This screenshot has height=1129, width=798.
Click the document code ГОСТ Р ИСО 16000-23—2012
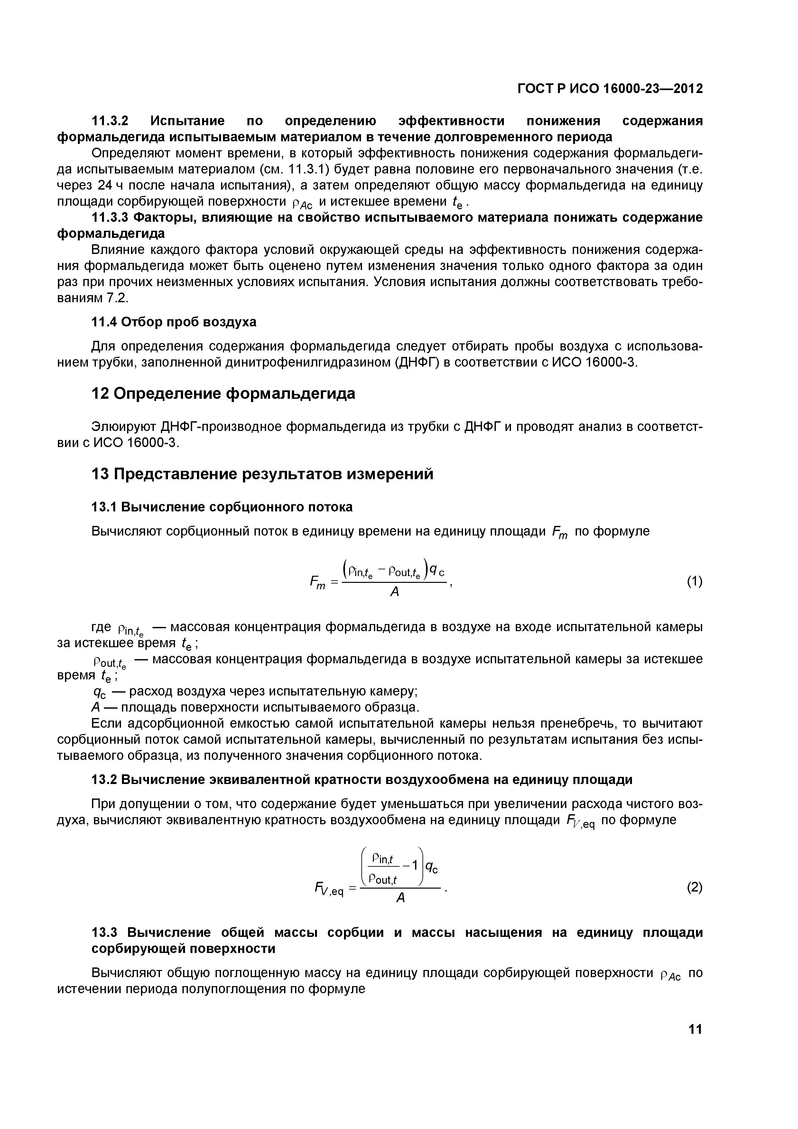[610, 89]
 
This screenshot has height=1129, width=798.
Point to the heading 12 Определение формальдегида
[223, 393]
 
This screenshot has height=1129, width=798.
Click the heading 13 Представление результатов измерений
[263, 474]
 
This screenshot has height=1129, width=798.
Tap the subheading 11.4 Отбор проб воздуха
[174, 322]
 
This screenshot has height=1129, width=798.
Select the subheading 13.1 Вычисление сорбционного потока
[222, 507]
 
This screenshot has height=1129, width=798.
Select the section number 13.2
[106, 780]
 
